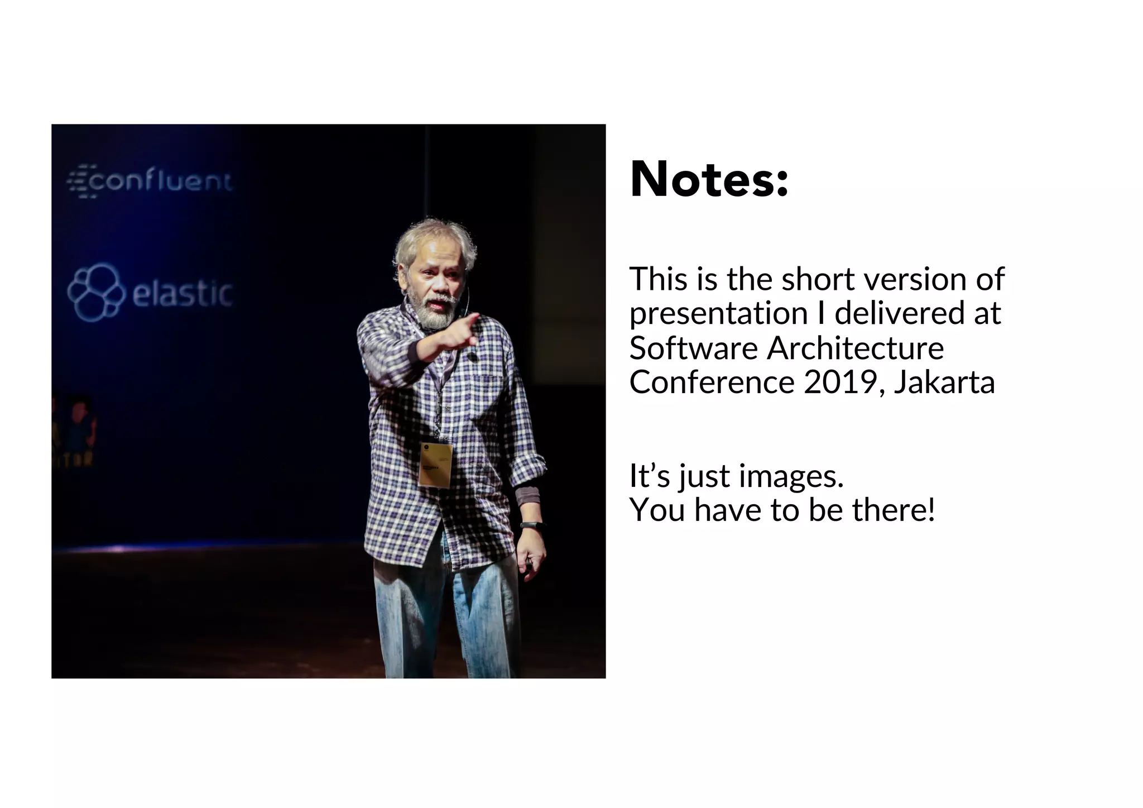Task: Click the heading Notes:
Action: tap(709, 179)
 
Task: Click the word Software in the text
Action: tap(693, 348)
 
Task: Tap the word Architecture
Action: tap(855, 348)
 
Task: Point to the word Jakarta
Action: tap(944, 383)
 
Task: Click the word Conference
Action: tap(712, 383)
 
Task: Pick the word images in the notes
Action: tap(791, 476)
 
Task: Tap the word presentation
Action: tap(719, 313)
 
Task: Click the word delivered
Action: tap(900, 313)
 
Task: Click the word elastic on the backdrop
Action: tap(182, 293)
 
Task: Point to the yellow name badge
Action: tap(435, 465)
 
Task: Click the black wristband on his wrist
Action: tap(532, 525)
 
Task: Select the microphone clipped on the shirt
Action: tap(472, 356)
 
